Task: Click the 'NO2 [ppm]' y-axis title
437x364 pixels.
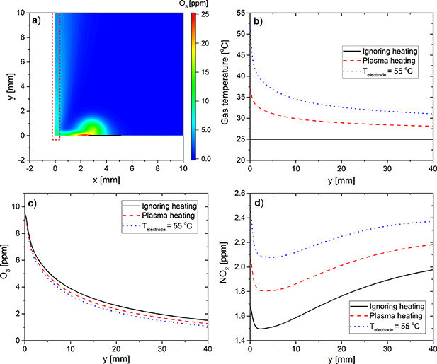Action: click(225, 267)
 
